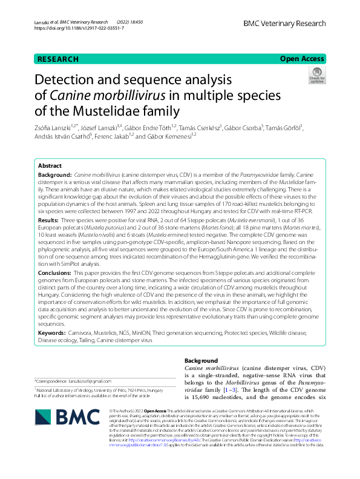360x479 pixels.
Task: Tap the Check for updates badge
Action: click(316, 76)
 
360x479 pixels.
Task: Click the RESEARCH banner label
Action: click(57, 59)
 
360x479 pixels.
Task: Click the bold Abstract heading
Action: click(50, 165)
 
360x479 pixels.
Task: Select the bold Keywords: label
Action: click(53, 333)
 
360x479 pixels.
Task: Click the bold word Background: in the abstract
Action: click(55, 173)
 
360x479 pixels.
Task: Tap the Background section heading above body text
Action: click(200, 360)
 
